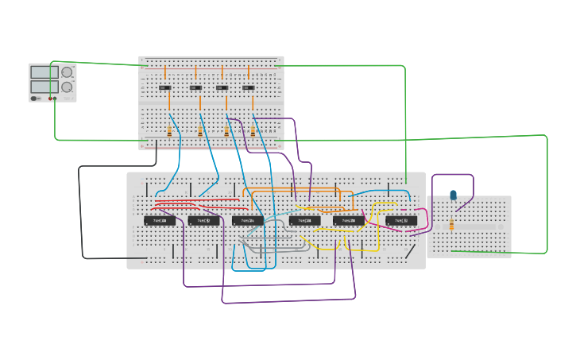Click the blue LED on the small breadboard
(453, 195)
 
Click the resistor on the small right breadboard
(452, 225)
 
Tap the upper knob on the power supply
(67, 72)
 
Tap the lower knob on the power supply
(67, 87)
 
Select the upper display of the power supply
(44, 72)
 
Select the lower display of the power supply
(44, 86)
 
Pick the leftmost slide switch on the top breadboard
(165, 87)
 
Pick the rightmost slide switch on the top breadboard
(249, 87)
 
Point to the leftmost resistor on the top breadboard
(168, 132)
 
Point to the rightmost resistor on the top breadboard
(253, 132)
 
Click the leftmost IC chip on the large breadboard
(160, 220)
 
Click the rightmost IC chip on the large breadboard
(401, 220)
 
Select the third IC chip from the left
(248, 220)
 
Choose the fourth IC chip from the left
(304, 220)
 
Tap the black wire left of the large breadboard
(80, 215)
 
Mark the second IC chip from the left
(204, 220)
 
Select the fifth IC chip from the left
(349, 220)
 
